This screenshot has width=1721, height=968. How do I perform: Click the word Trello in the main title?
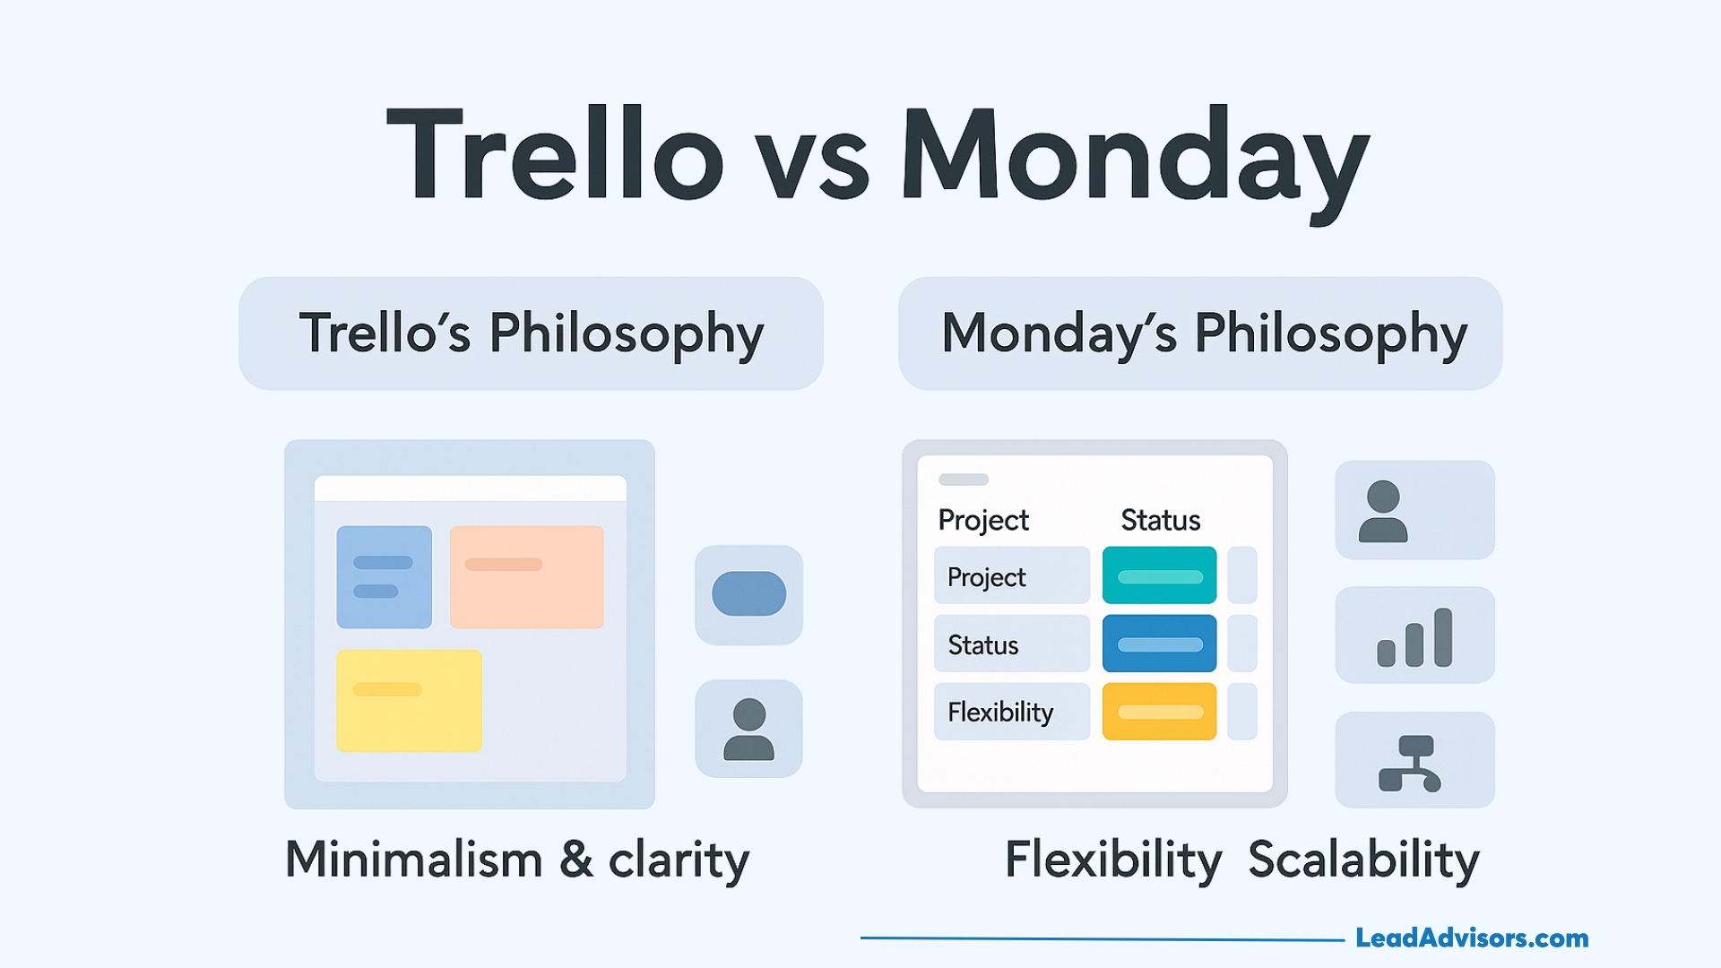pyautogui.click(x=555, y=153)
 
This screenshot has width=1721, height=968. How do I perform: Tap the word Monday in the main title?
pyautogui.click(x=1136, y=161)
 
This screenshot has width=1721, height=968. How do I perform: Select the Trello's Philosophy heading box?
pyautogui.click(x=531, y=333)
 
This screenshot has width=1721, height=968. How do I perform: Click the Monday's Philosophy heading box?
pyautogui.click(x=1200, y=333)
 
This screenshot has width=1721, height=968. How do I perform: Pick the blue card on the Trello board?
pyautogui.click(x=384, y=576)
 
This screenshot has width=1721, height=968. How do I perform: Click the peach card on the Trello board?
pyautogui.click(x=526, y=576)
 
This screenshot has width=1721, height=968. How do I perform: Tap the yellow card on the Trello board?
pyautogui.click(x=409, y=700)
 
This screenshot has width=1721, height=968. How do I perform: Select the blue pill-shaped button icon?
pyautogui.click(x=748, y=593)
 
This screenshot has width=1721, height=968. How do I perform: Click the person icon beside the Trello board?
pyautogui.click(x=748, y=729)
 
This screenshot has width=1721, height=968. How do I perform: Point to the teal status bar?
pyautogui.click(x=1159, y=575)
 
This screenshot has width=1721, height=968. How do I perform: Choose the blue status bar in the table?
pyautogui.click(x=1159, y=643)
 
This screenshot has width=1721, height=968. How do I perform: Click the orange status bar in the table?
pyautogui.click(x=1159, y=711)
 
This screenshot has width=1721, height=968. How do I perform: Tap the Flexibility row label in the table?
pyautogui.click(x=1000, y=713)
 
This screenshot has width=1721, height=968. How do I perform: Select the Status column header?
pyautogui.click(x=1160, y=520)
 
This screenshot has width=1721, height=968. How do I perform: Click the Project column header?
pyautogui.click(x=983, y=521)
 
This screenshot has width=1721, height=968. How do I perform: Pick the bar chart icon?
pyautogui.click(x=1414, y=637)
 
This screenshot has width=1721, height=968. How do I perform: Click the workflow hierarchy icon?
pyautogui.click(x=1410, y=763)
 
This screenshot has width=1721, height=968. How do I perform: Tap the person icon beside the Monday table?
pyautogui.click(x=1383, y=511)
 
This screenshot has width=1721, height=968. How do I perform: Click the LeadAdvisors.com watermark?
pyautogui.click(x=1472, y=938)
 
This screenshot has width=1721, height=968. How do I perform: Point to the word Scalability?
pyautogui.click(x=1363, y=860)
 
